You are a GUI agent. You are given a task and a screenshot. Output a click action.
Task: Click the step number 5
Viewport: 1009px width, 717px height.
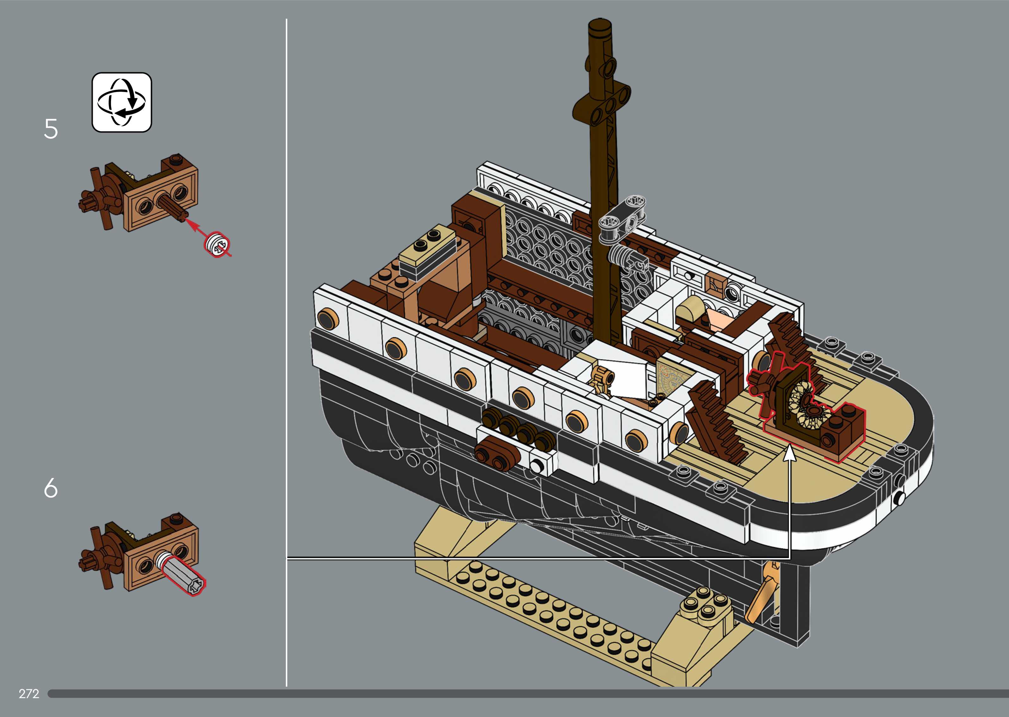point(51,129)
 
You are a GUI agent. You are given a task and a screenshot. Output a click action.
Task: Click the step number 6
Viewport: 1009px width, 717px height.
point(51,488)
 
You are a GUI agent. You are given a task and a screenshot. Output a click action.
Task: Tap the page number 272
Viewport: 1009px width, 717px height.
point(29,694)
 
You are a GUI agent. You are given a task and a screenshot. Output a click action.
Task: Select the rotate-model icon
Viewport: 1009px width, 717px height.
point(121,102)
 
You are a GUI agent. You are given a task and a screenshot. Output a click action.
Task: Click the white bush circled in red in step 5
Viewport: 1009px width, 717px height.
point(217,244)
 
